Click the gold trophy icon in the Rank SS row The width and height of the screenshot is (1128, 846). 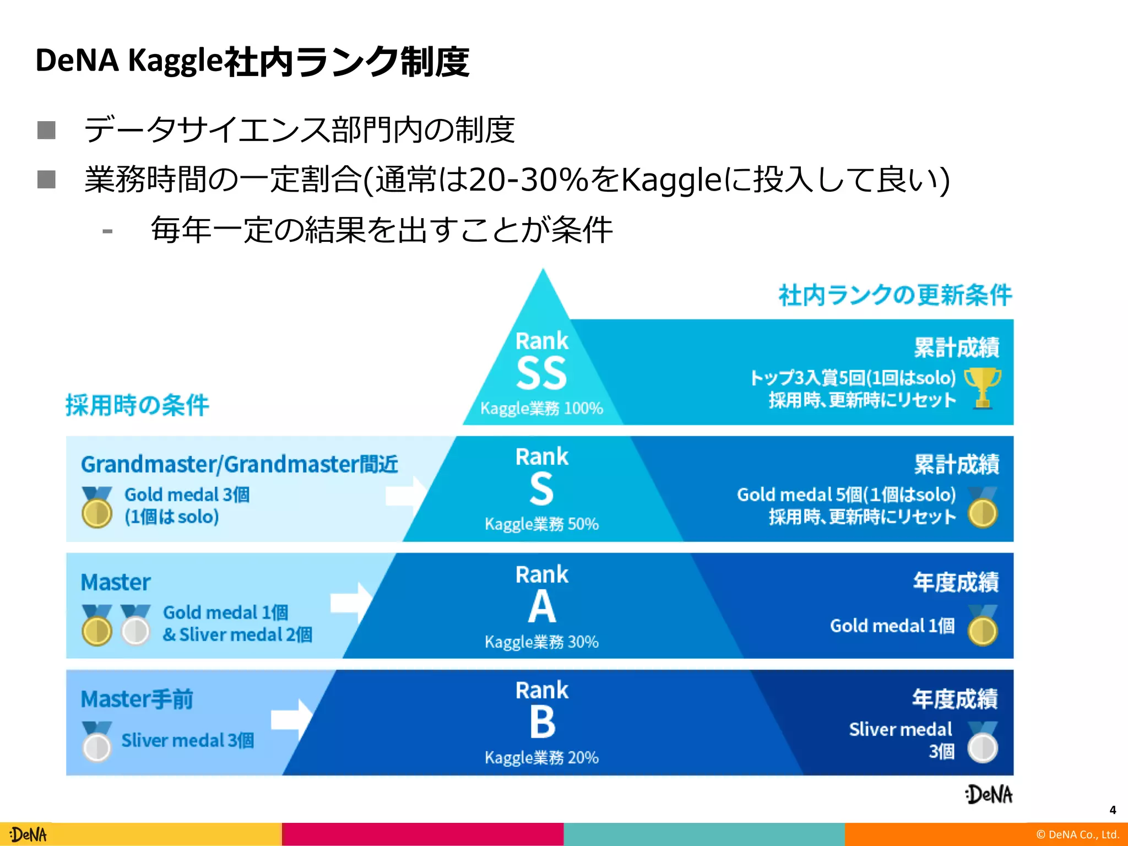983,388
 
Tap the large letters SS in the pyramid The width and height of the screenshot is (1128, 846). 541,373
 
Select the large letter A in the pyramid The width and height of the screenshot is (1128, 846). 542,606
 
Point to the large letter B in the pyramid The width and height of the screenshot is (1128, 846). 543,722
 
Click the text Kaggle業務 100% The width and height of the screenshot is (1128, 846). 541,408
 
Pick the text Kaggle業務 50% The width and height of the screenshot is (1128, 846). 541,524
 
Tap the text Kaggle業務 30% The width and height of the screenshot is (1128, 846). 541,642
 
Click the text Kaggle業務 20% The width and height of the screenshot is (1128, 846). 541,757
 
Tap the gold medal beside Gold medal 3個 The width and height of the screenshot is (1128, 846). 97,507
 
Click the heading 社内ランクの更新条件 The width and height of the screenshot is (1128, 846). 895,295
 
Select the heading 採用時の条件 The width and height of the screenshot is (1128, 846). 137,405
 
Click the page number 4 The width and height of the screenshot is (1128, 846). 1113,810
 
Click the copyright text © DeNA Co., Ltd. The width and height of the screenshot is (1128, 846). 1077,834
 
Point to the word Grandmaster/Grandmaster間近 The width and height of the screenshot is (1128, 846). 240,464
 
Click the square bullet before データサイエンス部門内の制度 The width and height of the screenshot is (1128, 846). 46,131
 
